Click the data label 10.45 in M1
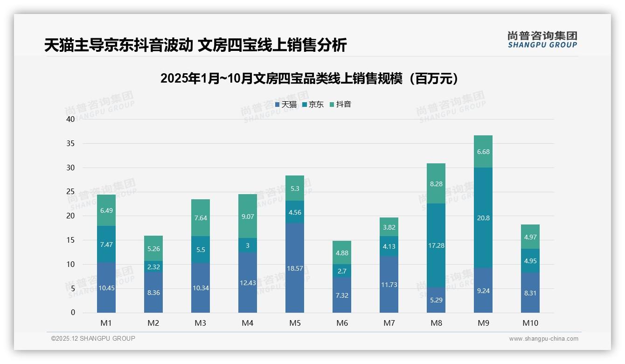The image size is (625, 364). tap(106, 288)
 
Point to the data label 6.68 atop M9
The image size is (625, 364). tap(483, 152)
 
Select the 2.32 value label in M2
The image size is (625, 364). tap(153, 266)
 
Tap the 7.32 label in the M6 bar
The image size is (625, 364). tap(342, 295)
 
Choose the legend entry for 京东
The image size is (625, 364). tap(313, 105)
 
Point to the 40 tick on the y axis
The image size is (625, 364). tap(70, 119)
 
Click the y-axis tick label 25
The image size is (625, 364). tap(70, 192)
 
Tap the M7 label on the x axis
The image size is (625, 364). tap(389, 323)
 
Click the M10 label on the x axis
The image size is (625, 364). tap(530, 323)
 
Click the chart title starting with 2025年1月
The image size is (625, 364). tap(309, 78)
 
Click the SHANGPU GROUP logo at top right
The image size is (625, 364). tap(542, 40)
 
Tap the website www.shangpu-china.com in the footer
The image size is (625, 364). tap(543, 339)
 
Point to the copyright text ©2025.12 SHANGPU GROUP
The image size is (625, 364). tap(93, 338)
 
